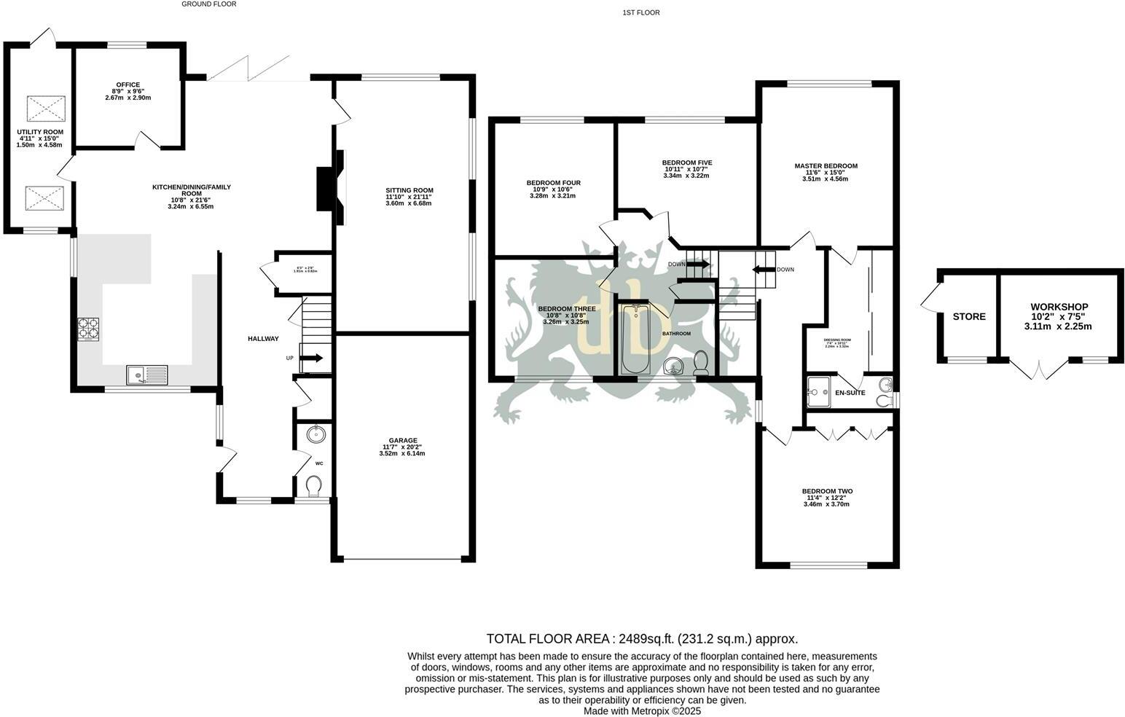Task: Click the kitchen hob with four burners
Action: pos(88,329)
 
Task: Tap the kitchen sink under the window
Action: pos(146,375)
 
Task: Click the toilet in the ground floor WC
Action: pos(314,486)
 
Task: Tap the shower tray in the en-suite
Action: pos(820,391)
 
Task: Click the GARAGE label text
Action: pos(402,441)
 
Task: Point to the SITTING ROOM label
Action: pos(409,191)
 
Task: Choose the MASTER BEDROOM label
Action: pos(826,166)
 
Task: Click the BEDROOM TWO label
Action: pos(827,491)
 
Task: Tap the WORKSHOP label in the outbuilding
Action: pos(1059,307)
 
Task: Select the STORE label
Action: pos(969,316)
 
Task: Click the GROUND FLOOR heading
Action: pos(209,4)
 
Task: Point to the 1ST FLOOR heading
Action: pos(641,12)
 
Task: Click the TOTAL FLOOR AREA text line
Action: pos(642,639)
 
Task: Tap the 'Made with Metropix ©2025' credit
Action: pos(642,711)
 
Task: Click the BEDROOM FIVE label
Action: pos(686,162)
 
